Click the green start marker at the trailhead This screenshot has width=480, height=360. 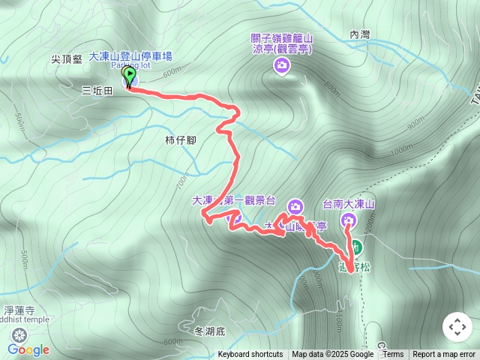[x=129, y=76]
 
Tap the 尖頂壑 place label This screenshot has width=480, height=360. [x=66, y=58]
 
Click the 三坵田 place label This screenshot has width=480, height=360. [x=97, y=91]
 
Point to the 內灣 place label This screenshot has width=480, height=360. [x=360, y=34]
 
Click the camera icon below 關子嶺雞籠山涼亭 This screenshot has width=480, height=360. [x=281, y=66]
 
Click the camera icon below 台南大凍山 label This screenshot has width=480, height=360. [x=349, y=220]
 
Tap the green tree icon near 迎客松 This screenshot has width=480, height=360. [x=356, y=247]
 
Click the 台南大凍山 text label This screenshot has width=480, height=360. [x=349, y=204]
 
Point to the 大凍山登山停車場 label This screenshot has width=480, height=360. [x=131, y=55]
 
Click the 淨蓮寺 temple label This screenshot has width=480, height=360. [x=19, y=310]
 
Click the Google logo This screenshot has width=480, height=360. [x=28, y=349]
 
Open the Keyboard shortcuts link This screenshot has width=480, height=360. [x=250, y=355]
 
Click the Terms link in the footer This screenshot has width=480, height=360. [x=393, y=355]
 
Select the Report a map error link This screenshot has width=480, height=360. [x=444, y=355]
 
